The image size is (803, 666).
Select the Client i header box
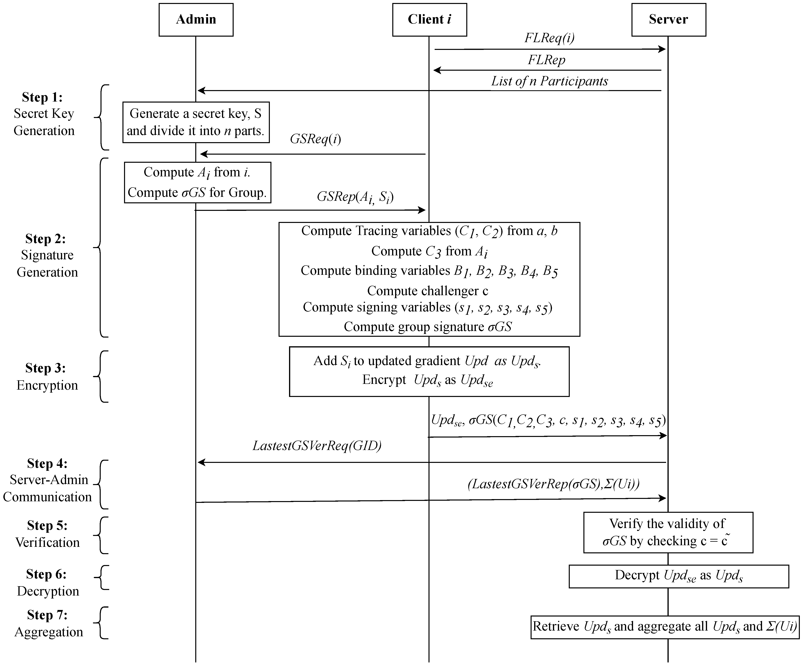coord(429,20)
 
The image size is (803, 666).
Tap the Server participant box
coord(668,20)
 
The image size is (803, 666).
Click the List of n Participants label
coord(550,81)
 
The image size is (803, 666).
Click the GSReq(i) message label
coord(316,139)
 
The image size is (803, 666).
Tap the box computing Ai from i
coord(197,182)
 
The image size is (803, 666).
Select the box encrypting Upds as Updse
coord(429,371)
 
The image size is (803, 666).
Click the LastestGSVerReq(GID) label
coord(317,445)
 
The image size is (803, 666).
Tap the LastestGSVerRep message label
coord(553,484)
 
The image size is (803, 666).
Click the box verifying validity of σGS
coord(668,532)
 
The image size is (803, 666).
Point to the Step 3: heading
coord(46,368)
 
